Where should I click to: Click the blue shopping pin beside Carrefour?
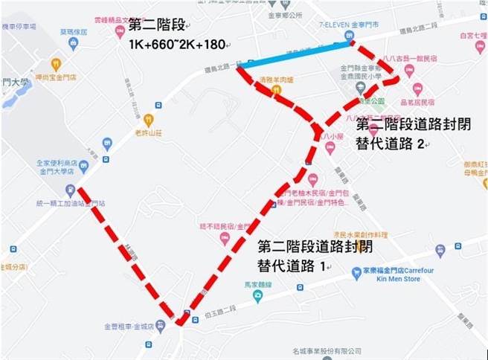tap(356, 273)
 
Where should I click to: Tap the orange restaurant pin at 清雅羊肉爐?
tap(276, 91)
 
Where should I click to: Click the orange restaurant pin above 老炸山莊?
tap(150, 119)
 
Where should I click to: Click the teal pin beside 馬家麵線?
tap(258, 297)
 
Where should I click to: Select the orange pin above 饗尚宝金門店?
tap(56, 64)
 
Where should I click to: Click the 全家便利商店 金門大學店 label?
tap(60, 167)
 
